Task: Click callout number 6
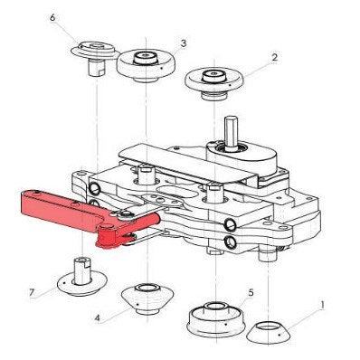click(x=52, y=17)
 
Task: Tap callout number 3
click(x=184, y=43)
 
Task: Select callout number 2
click(x=274, y=57)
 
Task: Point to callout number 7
click(x=32, y=292)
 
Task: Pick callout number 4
click(x=97, y=318)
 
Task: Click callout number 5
click(x=251, y=292)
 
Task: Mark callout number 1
click(x=322, y=306)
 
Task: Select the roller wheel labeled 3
click(x=147, y=64)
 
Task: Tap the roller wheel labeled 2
click(x=214, y=81)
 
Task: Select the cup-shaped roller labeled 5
click(x=215, y=319)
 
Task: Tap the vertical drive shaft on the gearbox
click(x=230, y=132)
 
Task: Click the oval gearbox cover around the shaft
click(x=242, y=154)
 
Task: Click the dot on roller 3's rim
click(x=162, y=69)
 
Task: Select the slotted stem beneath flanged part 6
click(x=96, y=68)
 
